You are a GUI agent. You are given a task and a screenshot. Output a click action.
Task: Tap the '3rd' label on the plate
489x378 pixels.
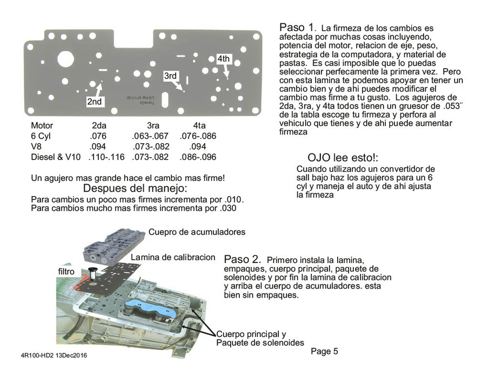pyautogui.click(x=170, y=76)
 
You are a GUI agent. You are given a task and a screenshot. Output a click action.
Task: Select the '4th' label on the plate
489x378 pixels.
pyautogui.click(x=224, y=58)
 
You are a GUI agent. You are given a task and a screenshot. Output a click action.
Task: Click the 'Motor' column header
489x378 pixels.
pyautogui.click(x=42, y=125)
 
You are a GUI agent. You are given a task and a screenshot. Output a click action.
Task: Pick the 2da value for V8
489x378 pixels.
pyautogui.click(x=98, y=147)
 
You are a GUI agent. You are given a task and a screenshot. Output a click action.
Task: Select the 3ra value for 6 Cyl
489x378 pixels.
pyautogui.click(x=150, y=136)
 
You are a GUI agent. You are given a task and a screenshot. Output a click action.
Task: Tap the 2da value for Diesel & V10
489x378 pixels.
pyautogui.click(x=102, y=157)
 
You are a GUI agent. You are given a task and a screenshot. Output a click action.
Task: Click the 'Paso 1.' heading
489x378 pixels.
pyautogui.click(x=297, y=28)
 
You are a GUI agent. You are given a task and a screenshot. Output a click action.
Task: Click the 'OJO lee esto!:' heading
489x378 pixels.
pyautogui.click(x=343, y=158)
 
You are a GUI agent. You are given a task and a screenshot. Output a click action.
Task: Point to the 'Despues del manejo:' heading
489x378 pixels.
pyautogui.click(x=135, y=188)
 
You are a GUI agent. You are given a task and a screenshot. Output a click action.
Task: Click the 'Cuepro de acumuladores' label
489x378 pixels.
pyautogui.click(x=197, y=232)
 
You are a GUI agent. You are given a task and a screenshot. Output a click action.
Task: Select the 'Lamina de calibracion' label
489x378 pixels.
pyautogui.click(x=173, y=257)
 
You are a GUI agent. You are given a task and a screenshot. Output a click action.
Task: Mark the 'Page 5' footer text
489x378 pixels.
pyautogui.click(x=324, y=352)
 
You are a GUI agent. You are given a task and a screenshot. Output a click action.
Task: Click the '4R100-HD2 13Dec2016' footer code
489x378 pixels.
pyautogui.click(x=53, y=356)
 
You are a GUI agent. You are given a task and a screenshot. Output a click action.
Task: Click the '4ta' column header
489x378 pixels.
pyautogui.click(x=199, y=125)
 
